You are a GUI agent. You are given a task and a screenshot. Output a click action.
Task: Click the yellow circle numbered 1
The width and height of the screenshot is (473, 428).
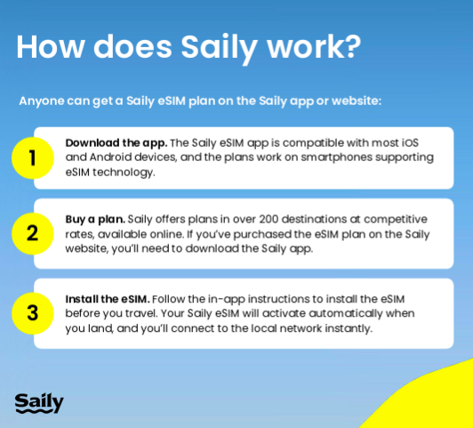point(33,157)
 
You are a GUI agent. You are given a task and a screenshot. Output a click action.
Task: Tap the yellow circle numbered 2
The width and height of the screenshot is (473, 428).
point(33,234)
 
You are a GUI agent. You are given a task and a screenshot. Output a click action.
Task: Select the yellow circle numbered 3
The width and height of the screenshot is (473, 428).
point(33,313)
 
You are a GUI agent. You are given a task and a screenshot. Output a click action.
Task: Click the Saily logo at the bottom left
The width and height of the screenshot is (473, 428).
point(39,403)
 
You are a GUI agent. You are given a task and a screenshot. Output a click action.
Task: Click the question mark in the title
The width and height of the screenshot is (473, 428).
point(352,47)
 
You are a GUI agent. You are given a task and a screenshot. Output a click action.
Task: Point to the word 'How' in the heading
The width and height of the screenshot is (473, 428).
point(51,47)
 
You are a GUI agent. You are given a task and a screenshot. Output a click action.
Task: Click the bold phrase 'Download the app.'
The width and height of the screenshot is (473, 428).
point(116,143)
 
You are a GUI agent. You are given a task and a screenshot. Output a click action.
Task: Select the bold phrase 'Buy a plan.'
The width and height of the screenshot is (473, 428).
point(95,220)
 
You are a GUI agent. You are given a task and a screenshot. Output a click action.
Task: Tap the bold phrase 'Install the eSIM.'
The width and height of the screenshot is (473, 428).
point(108,299)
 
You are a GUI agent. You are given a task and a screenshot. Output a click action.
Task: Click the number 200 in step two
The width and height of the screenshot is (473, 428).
point(269,219)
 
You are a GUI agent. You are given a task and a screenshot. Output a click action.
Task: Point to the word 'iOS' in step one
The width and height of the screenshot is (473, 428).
point(410,142)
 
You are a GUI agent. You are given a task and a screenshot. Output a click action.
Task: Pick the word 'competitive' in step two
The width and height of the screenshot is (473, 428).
point(396,220)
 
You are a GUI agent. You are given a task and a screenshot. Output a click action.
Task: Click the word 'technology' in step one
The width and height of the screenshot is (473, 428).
point(124,173)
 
